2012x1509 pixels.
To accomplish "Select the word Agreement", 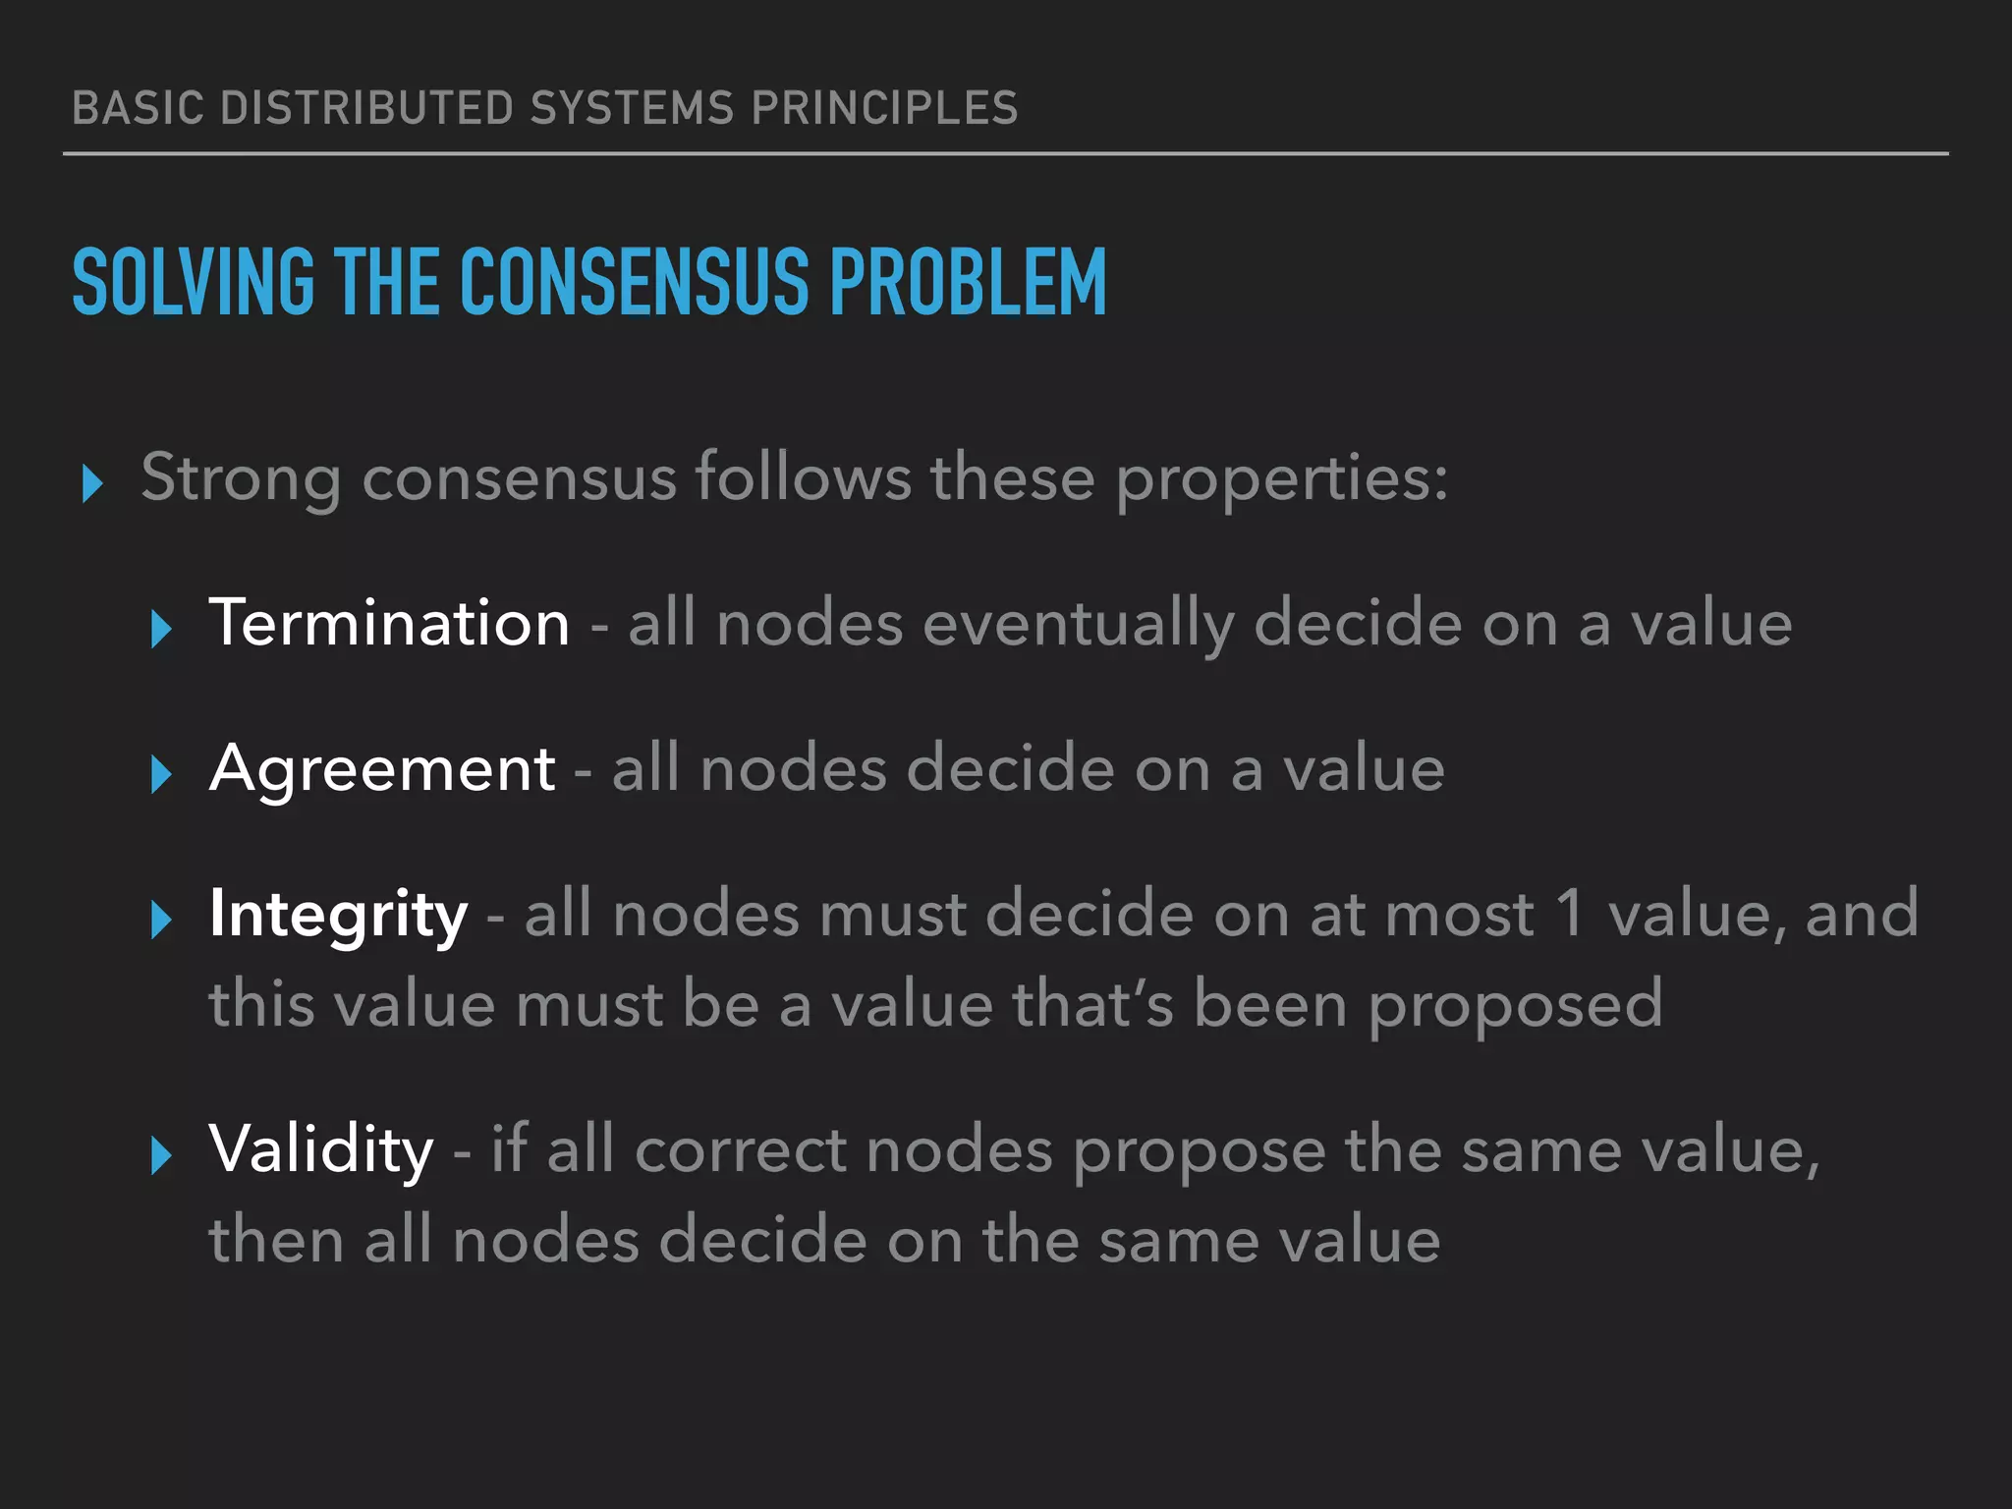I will click(x=382, y=768).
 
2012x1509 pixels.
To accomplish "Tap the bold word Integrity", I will click(x=338, y=915).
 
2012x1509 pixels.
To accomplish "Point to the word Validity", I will click(x=321, y=1149).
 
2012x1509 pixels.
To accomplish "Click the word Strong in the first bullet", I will click(x=241, y=478).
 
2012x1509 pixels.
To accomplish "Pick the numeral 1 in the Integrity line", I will click(x=1570, y=914).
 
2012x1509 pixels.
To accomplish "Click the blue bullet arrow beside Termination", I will click(x=161, y=629).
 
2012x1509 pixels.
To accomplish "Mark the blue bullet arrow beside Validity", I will click(x=161, y=1155).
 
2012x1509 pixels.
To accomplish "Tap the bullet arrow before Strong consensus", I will click(x=92, y=483).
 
